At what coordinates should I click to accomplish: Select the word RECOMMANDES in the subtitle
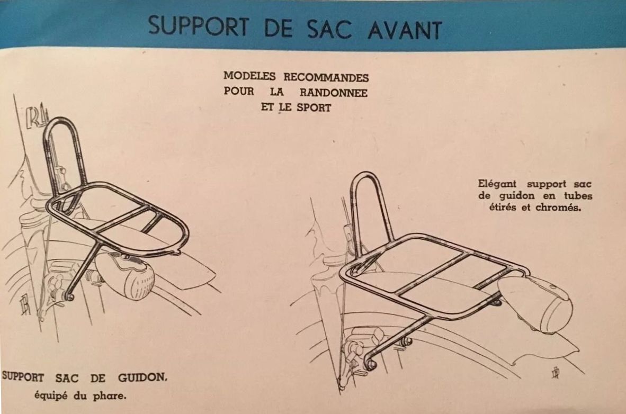(x=326, y=77)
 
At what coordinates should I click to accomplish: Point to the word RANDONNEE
(x=333, y=92)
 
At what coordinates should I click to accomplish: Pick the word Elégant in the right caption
(x=497, y=184)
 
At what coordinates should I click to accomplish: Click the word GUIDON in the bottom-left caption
(x=142, y=377)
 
